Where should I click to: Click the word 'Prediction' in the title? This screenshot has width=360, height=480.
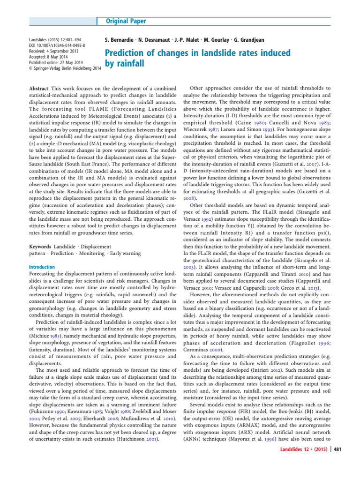click(x=127, y=53)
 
